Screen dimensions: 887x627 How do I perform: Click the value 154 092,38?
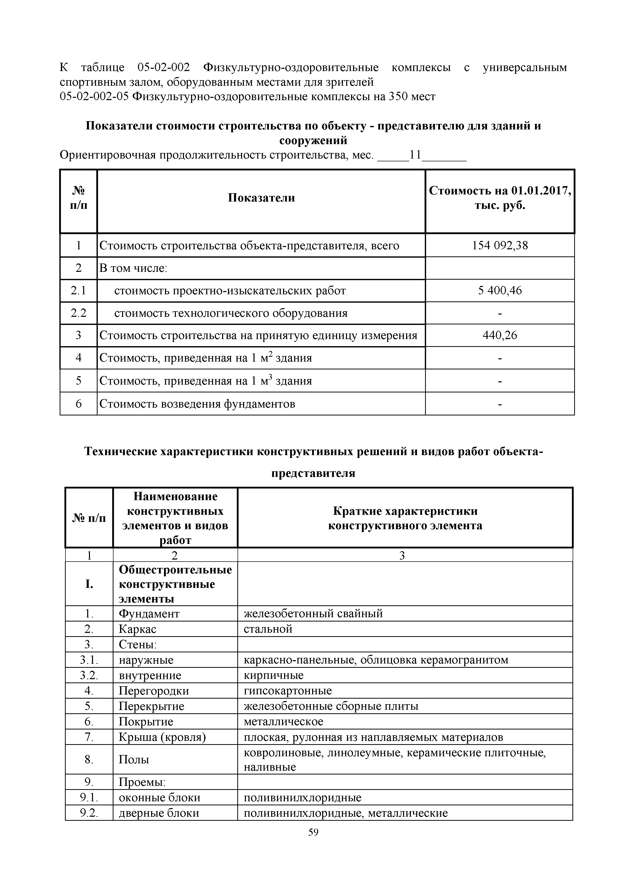(x=500, y=245)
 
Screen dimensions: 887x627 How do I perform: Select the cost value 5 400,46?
(x=500, y=291)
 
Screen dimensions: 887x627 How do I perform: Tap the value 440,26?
(x=500, y=335)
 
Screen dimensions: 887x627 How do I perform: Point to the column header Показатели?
(x=261, y=198)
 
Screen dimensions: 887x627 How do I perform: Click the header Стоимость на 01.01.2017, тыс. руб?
(x=500, y=198)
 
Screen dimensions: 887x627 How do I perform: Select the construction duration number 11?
(x=415, y=155)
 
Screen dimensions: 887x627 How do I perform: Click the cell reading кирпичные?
(x=273, y=675)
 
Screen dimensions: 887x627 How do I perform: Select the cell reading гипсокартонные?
(x=288, y=691)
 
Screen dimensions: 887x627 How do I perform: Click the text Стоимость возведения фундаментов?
(x=197, y=404)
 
